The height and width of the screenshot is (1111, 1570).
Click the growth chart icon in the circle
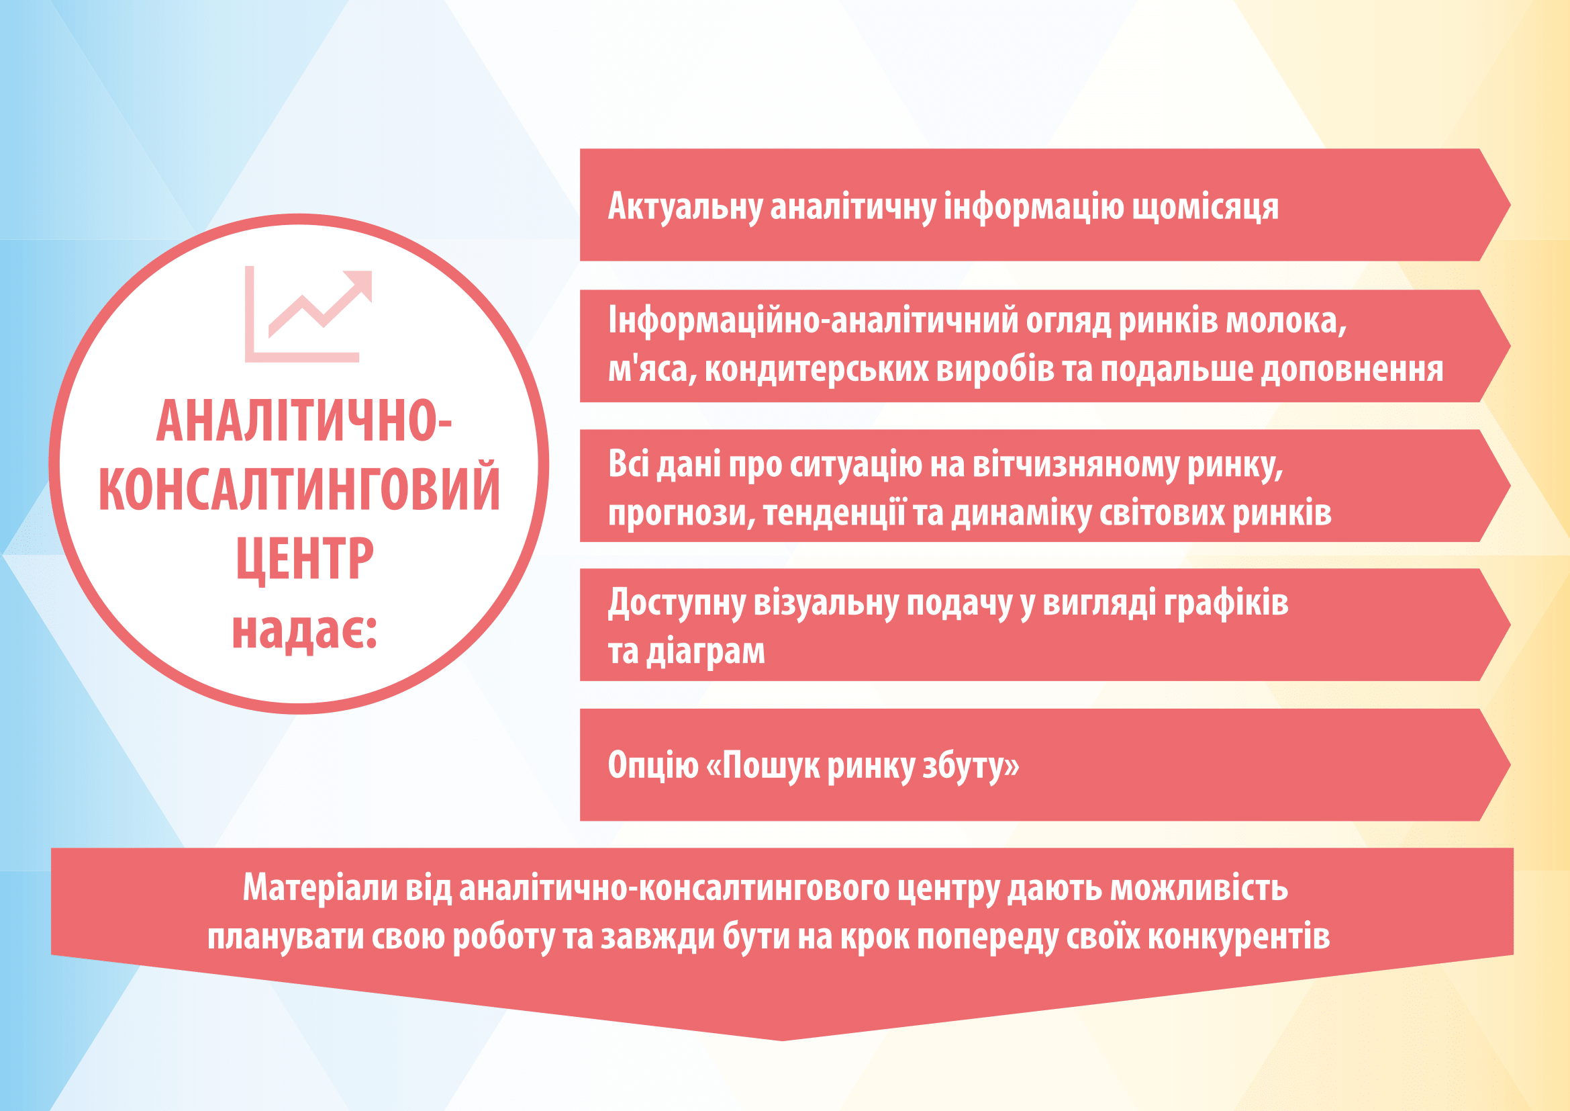[x=307, y=314]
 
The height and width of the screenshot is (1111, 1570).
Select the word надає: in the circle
[x=304, y=631]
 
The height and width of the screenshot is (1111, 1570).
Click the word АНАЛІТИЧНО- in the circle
[x=303, y=420]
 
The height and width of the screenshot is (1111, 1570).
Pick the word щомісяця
[x=1205, y=208]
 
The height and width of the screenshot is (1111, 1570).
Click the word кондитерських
[x=816, y=370]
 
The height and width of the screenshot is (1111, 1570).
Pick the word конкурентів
[x=1238, y=937]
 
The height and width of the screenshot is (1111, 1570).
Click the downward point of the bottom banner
[x=782, y=1040]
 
